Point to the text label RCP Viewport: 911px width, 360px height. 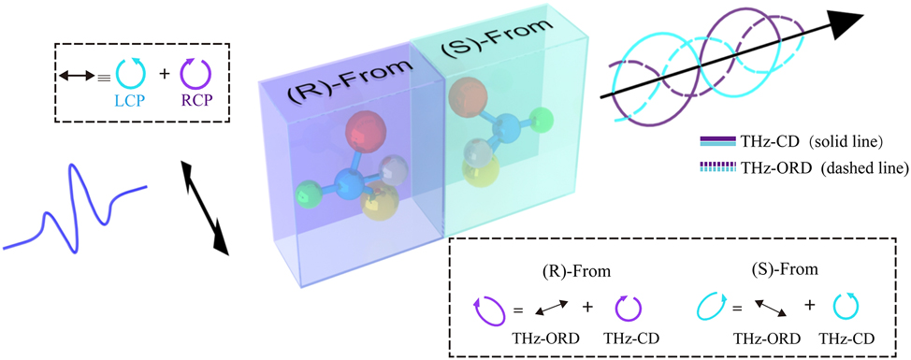[x=194, y=98]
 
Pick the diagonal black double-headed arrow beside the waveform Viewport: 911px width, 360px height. [x=204, y=207]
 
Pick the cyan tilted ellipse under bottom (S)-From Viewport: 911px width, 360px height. [x=714, y=305]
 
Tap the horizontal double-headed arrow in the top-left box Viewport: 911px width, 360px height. [x=77, y=70]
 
